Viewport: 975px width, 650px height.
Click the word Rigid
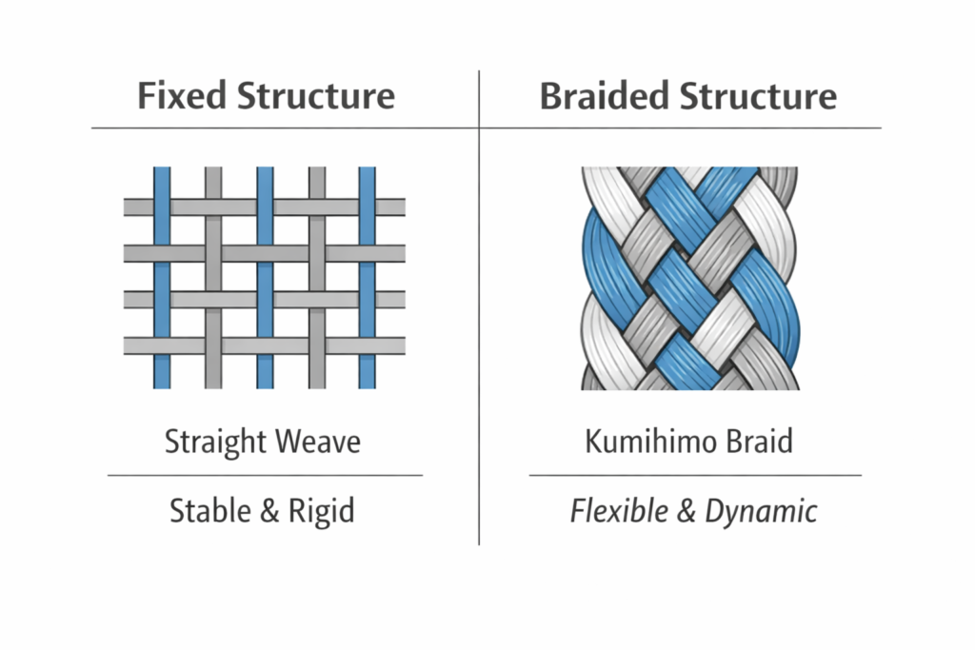pyautogui.click(x=320, y=511)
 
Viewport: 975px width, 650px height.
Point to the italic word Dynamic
pyautogui.click(x=761, y=511)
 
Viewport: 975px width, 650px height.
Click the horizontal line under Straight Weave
pyautogui.click(x=265, y=474)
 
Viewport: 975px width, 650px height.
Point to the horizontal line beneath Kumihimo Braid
pyautogui.click(x=694, y=474)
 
